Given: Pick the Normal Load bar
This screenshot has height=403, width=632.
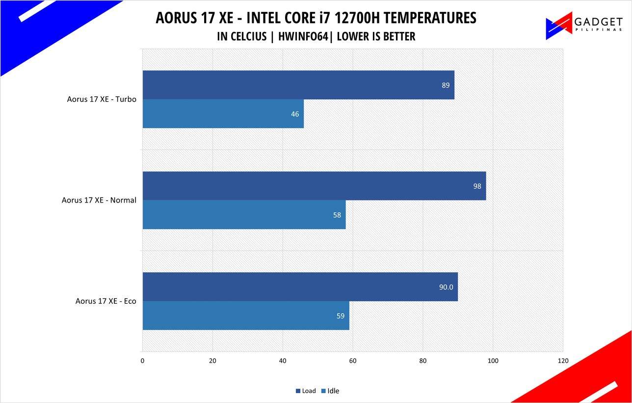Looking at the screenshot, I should click(x=314, y=186).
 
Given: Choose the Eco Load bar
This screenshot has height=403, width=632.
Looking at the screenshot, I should click(x=300, y=287).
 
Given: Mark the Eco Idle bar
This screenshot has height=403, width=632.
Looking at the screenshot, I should click(x=246, y=316).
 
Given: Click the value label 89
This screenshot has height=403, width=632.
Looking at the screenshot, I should click(x=446, y=85).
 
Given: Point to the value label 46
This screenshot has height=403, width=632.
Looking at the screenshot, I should click(x=294, y=114).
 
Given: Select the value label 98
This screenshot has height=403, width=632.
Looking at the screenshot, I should click(x=477, y=186).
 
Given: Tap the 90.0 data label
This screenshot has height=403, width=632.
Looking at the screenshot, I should click(x=446, y=287).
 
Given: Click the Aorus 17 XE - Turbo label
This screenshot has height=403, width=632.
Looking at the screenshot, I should click(x=102, y=99).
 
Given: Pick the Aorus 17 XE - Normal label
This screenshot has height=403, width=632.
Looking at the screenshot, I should click(x=99, y=200).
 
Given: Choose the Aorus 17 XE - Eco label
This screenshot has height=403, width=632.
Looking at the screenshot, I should click(x=105, y=301).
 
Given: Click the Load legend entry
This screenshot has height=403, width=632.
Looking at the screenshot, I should click(x=306, y=391).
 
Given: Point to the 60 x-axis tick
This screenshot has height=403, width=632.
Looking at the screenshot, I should click(x=353, y=361).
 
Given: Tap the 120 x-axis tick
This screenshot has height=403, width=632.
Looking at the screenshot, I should click(x=563, y=361).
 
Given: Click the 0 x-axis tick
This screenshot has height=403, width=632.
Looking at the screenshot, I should click(x=142, y=361).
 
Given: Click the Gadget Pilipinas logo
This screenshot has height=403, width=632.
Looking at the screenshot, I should click(x=584, y=26).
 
